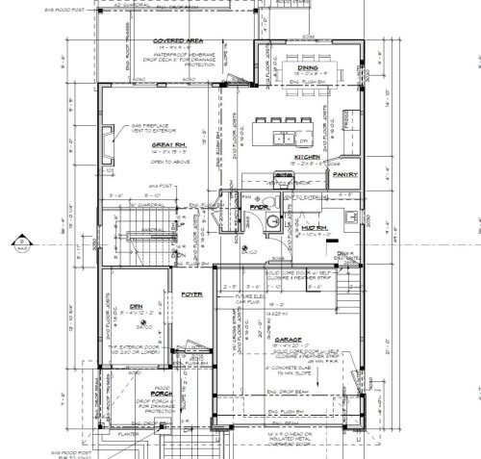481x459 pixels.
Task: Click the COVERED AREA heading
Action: coord(175,41)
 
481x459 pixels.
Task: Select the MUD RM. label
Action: coord(312,225)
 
